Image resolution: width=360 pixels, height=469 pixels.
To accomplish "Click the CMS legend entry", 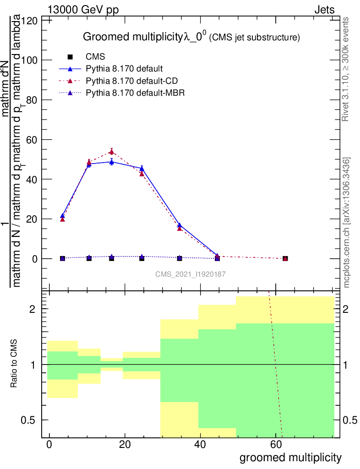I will (x=96, y=57).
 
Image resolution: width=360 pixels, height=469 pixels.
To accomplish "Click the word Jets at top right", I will (x=324, y=9).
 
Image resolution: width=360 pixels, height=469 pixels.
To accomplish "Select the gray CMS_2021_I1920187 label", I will (x=190, y=274).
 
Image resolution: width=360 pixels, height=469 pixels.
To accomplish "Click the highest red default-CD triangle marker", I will (x=111, y=152).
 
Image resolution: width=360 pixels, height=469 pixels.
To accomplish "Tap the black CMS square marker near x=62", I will (x=285, y=259).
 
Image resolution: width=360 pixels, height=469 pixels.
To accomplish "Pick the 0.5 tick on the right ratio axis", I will (x=351, y=420).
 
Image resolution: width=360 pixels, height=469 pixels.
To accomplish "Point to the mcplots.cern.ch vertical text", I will (x=347, y=223).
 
